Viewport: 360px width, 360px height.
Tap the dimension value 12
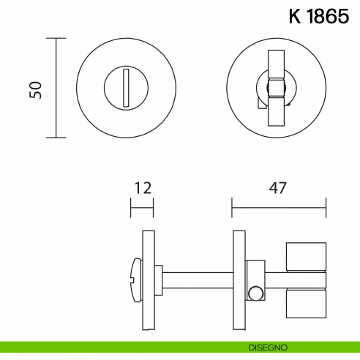tap(142, 187)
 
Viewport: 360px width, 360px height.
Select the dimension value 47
tap(277, 187)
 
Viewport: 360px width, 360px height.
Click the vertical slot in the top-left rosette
tap(127, 86)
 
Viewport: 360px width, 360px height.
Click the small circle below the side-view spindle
tap(255, 294)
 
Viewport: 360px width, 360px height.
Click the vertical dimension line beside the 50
tap(56, 88)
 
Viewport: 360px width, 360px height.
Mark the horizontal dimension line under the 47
tap(277, 207)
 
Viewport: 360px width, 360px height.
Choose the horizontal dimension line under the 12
tap(142, 207)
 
